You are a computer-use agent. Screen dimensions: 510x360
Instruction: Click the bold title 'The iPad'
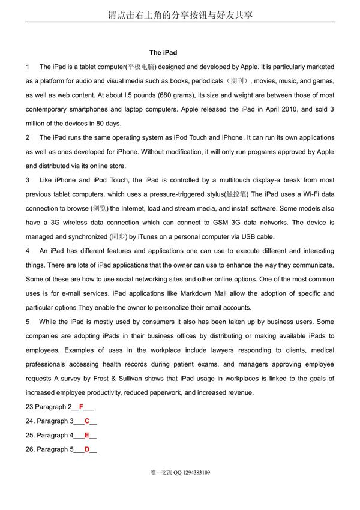click(x=163, y=53)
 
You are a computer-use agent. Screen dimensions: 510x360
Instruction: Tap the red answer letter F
click(x=81, y=407)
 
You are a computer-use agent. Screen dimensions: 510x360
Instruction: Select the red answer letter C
click(x=87, y=421)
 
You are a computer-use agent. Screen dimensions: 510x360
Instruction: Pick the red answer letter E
click(x=87, y=435)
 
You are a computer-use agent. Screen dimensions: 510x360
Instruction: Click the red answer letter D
click(x=87, y=449)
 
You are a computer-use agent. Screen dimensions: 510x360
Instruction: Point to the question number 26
click(x=29, y=449)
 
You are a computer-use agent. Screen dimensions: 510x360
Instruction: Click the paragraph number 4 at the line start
click(x=28, y=251)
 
